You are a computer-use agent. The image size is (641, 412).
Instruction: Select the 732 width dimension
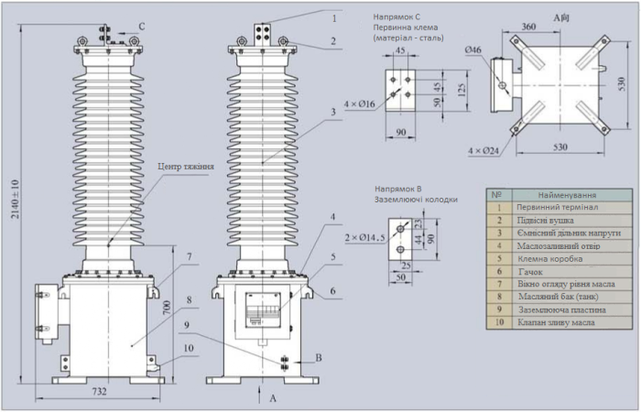pyautogui.click(x=100, y=392)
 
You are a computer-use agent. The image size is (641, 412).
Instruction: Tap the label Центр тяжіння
pyautogui.click(x=186, y=167)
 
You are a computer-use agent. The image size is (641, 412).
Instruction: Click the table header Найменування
pyautogui.click(x=568, y=195)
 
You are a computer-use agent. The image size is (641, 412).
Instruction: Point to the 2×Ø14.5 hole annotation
pyautogui.click(x=363, y=237)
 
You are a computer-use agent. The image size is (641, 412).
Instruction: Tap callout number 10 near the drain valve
pyautogui.click(x=188, y=348)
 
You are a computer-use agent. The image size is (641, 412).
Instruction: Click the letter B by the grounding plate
pyautogui.click(x=318, y=357)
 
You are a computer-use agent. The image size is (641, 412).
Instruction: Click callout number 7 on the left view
pyautogui.click(x=188, y=255)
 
